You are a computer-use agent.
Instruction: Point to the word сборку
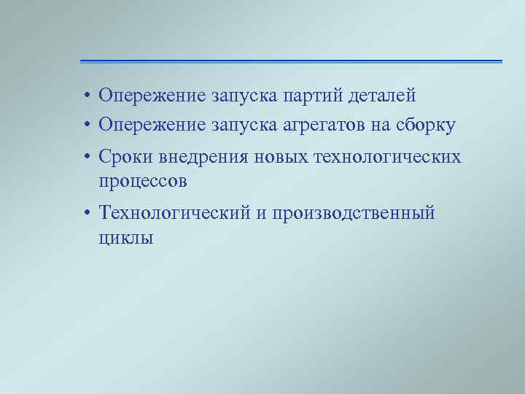[423, 125]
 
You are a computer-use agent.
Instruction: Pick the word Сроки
[125, 158]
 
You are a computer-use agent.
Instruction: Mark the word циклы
[125, 237]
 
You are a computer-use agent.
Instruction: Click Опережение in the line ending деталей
[152, 96]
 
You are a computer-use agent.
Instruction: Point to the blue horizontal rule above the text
[291, 61]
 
